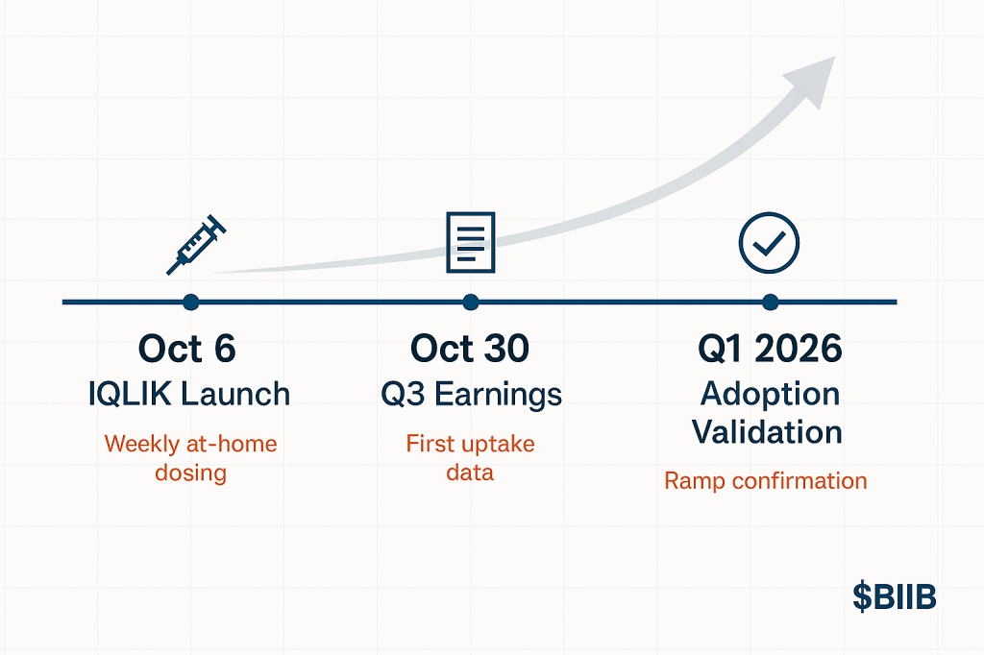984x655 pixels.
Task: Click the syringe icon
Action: (x=196, y=245)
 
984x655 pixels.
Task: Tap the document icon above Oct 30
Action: (x=471, y=243)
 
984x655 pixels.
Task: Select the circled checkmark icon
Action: (x=769, y=243)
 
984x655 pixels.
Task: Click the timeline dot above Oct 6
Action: (x=191, y=303)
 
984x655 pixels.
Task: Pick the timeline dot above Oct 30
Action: (x=471, y=303)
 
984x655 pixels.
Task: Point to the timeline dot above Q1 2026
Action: (x=770, y=303)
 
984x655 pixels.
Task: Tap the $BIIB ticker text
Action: (x=895, y=596)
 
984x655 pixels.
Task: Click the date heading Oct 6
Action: (x=187, y=349)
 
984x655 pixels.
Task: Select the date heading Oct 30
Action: (x=470, y=349)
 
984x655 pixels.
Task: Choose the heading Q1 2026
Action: (x=770, y=350)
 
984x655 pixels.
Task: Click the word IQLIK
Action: (x=130, y=395)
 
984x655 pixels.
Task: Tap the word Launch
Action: (x=235, y=395)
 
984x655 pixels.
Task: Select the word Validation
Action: (x=767, y=432)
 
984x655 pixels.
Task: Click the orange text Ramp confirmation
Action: (x=766, y=481)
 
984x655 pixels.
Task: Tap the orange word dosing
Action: (x=191, y=473)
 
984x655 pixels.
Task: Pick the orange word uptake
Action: (x=499, y=445)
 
